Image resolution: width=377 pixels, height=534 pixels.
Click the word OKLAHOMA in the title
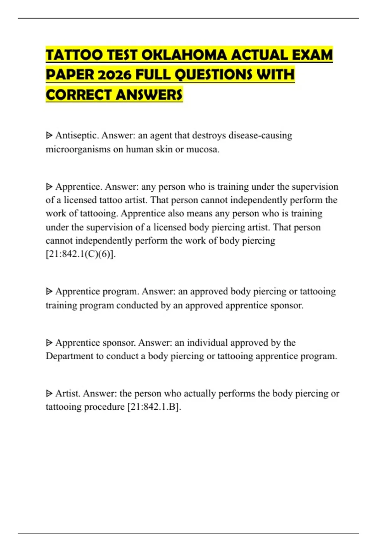pos(184,55)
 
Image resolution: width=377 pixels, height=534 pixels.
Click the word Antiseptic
pos(77,135)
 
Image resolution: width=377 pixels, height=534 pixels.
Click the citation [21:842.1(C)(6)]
pos(81,254)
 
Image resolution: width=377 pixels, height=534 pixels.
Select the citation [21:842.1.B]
pos(154,407)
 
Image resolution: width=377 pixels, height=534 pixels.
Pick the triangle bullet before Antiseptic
pos(49,135)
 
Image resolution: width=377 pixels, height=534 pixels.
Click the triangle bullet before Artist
pos(49,393)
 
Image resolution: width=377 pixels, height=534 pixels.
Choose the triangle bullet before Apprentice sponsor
pos(49,342)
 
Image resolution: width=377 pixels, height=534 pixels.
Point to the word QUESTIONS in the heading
pos(213,75)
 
